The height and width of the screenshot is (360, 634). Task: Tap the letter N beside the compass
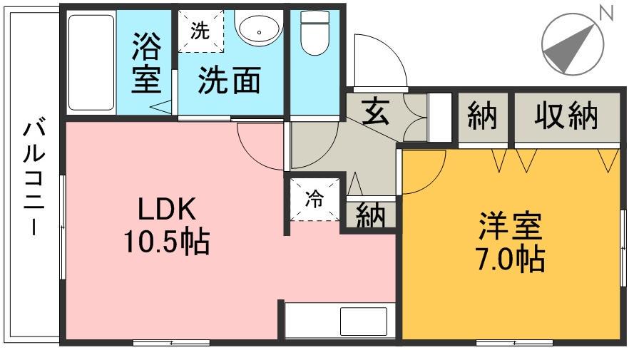point(607,12)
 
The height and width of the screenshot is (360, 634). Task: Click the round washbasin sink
point(256,31)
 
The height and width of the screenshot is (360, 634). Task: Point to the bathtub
point(91,62)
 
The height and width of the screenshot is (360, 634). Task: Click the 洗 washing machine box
point(200,31)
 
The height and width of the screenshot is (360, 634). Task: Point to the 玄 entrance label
point(375,113)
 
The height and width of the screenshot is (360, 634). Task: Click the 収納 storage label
point(568,115)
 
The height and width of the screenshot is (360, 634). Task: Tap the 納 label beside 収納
point(482,115)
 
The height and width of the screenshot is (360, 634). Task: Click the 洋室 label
point(510,227)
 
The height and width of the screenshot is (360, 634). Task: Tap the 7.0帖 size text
point(510,259)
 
